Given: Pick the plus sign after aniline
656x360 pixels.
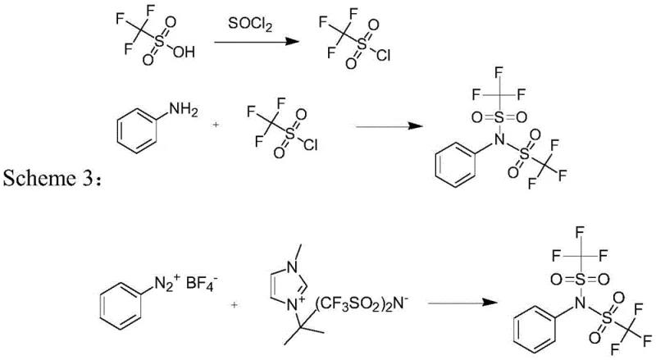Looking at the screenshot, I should pos(216,125).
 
